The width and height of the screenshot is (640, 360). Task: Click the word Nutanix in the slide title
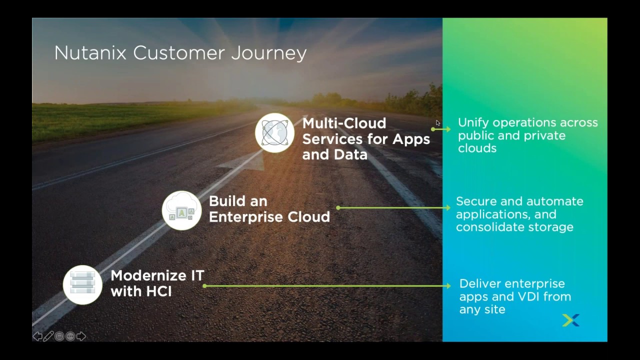[90, 53]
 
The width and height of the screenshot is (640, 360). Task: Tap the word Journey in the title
[269, 53]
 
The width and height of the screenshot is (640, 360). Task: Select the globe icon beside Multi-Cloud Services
[274, 133]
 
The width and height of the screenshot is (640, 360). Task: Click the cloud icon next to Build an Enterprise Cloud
[181, 210]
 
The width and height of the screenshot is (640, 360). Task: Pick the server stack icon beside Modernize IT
[82, 285]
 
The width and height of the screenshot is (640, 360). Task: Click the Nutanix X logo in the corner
[570, 320]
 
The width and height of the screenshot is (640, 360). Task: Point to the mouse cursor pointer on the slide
[437, 123]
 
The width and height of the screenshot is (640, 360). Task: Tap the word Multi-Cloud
[344, 123]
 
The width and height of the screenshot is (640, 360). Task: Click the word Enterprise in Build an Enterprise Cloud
[246, 217]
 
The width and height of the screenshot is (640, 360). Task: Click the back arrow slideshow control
[37, 336]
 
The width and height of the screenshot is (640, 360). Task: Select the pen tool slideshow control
[48, 336]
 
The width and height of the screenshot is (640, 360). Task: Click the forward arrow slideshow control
[81, 336]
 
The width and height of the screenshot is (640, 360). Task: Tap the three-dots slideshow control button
[70, 336]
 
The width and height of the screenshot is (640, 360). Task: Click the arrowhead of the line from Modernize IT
[448, 285]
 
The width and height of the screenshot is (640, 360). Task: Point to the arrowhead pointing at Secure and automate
[448, 207]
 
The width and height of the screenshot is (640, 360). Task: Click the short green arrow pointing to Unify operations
[441, 129]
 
